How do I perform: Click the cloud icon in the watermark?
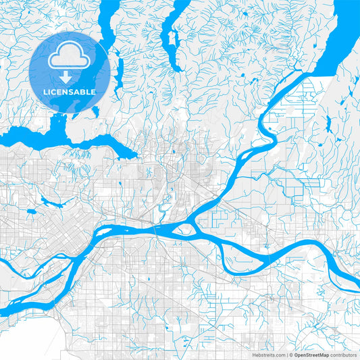[69, 58]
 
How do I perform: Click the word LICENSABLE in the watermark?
[69, 91]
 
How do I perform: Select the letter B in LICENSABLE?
[84, 91]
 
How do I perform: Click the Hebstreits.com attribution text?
[269, 354]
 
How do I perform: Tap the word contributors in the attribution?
[344, 354]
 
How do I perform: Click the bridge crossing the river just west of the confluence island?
[157, 230]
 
